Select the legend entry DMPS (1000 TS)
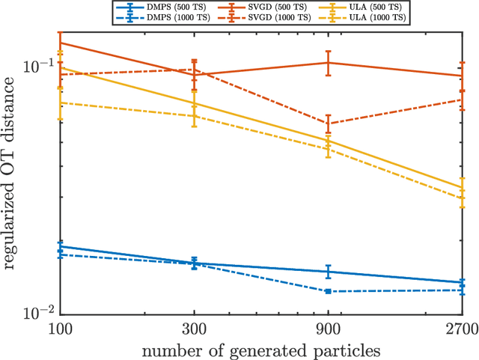pos(138,16)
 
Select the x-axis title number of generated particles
pos(261,349)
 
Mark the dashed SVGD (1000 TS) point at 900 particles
pos(328,123)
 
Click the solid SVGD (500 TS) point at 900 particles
pos(328,63)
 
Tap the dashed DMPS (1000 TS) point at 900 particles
pos(328,291)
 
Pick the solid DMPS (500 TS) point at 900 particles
pos(328,272)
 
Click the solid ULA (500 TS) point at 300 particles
pos(195,103)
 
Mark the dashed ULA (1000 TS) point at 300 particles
pos(195,116)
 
